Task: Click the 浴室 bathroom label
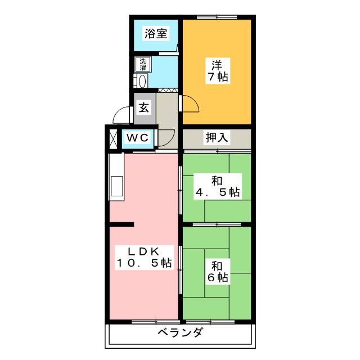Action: pos(156,34)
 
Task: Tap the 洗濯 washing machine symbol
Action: pos(142,64)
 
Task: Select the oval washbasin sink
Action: pos(142,81)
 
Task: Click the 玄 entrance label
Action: pos(144,107)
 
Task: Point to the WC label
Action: pos(137,138)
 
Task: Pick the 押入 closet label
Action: pos(217,137)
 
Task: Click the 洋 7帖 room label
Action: pos(218,71)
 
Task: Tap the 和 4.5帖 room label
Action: pos(217,186)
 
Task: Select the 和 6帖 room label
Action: pos(218,272)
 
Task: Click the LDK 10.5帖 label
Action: pos(144,257)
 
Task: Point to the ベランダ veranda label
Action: pos(181,332)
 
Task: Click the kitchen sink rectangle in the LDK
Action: pos(116,186)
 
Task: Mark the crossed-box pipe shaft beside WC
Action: pos(113,139)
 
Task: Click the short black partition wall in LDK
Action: pos(121,224)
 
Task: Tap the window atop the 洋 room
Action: pos(217,17)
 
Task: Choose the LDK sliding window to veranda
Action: pos(155,322)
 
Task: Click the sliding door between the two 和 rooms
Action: pos(217,224)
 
